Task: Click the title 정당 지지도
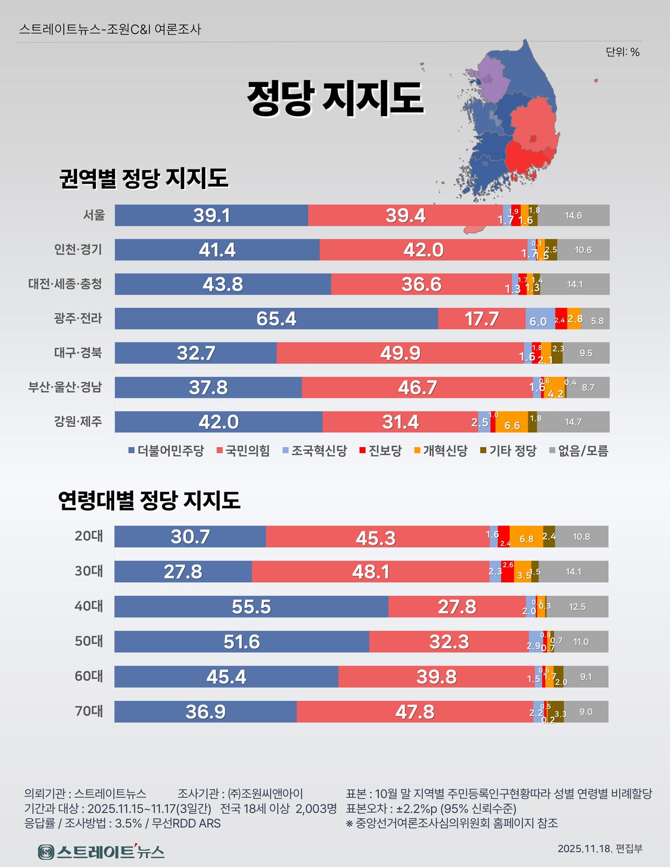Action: click(335, 98)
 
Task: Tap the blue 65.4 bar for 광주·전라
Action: click(276, 318)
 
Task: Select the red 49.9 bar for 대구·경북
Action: click(400, 353)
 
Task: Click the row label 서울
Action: click(94, 215)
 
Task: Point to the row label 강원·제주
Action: click(78, 421)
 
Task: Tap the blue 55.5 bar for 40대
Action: click(251, 606)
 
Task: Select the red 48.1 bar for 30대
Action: click(370, 571)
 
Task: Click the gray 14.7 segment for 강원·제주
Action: click(573, 421)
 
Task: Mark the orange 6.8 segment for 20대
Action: click(526, 537)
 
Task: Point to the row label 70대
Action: click(89, 711)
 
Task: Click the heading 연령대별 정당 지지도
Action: click(149, 500)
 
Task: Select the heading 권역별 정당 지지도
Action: click(144, 178)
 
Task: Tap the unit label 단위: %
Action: click(622, 52)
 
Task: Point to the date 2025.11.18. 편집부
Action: click(600, 849)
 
